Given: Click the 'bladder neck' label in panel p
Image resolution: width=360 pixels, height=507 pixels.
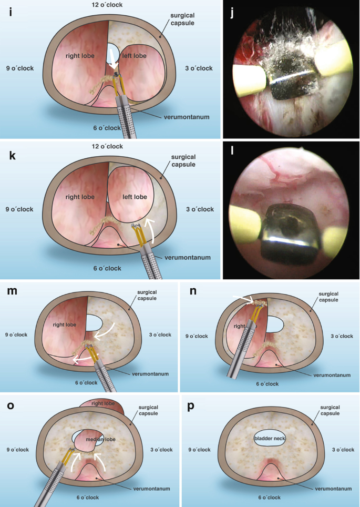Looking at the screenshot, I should pyautogui.click(x=269, y=438).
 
